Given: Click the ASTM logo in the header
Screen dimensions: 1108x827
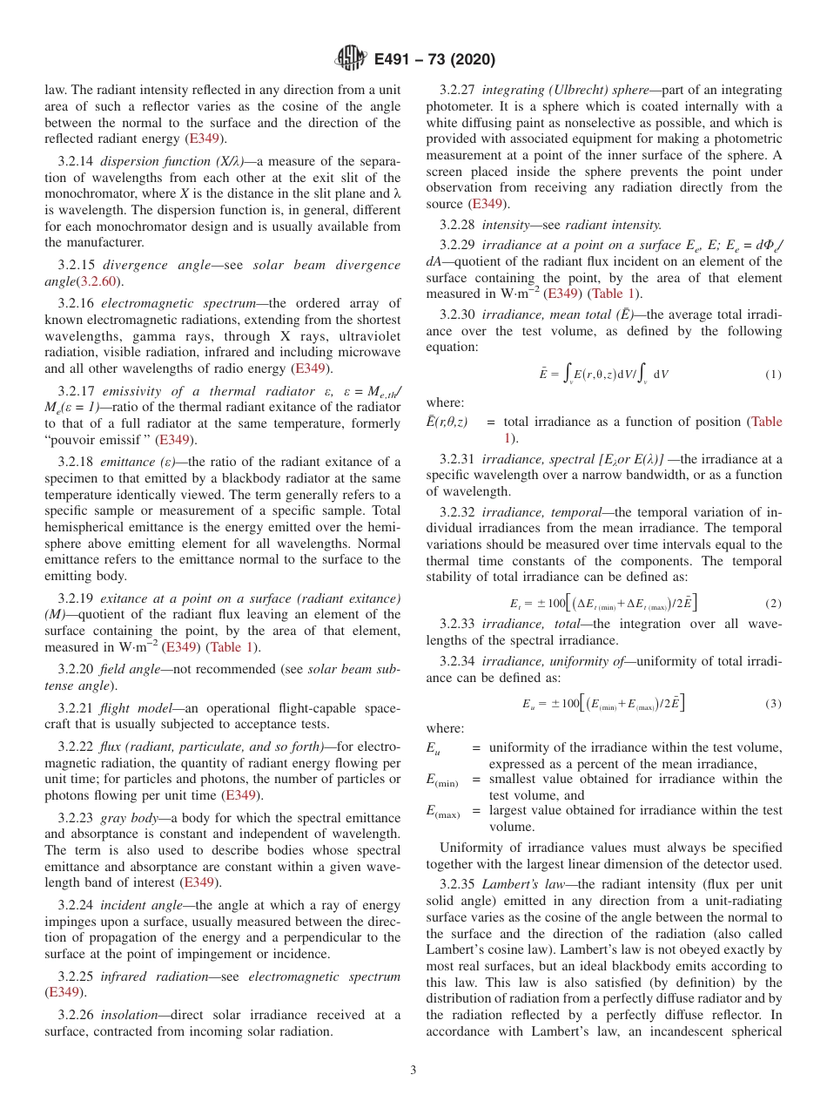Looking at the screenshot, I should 351,59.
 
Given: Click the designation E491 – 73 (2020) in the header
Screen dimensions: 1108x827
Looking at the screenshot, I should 434,59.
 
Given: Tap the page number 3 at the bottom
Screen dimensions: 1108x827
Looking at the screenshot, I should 413,1070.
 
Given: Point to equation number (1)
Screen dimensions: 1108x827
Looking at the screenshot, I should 773,375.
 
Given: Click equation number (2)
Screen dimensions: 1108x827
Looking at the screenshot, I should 773,603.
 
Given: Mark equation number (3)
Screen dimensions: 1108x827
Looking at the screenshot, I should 773,704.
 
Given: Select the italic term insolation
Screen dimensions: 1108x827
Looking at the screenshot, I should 129,1015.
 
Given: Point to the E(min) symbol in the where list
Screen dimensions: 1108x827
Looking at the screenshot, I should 441,780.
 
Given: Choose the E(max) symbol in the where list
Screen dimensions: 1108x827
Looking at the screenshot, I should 442,812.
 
